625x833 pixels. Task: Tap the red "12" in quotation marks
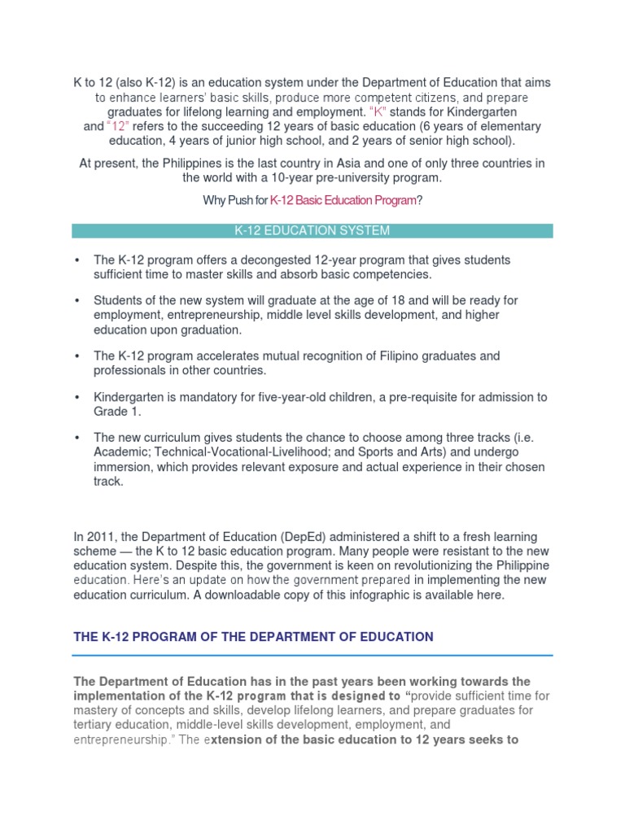pos(118,126)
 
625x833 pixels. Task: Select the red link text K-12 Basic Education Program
pos(352,200)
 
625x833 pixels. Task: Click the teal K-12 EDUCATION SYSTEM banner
pos(312,231)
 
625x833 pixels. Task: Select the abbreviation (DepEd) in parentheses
pos(304,536)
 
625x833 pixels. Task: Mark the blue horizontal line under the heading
pos(312,655)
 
